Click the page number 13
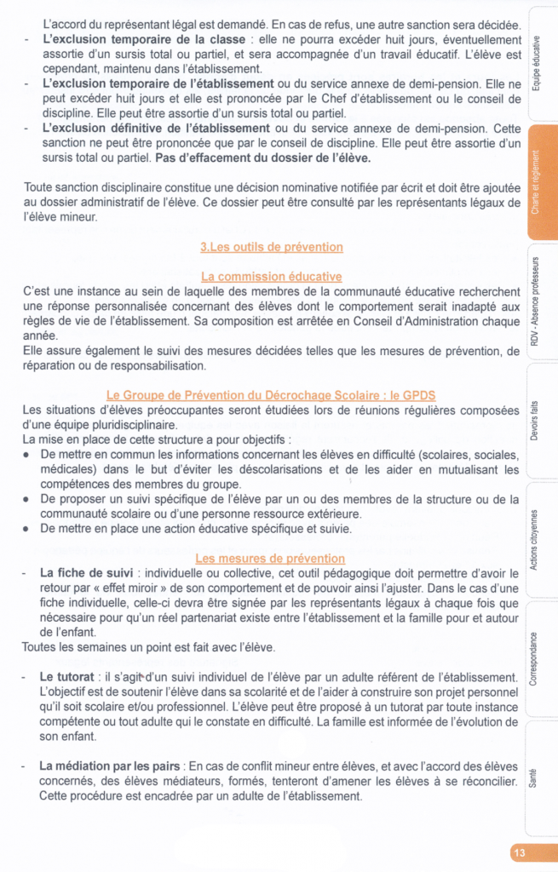click(x=520, y=852)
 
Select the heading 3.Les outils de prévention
click(x=271, y=247)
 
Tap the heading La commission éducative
click(x=271, y=277)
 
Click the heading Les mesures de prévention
click(x=270, y=559)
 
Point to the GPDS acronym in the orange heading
click(x=419, y=395)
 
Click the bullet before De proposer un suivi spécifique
click(x=28, y=499)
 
